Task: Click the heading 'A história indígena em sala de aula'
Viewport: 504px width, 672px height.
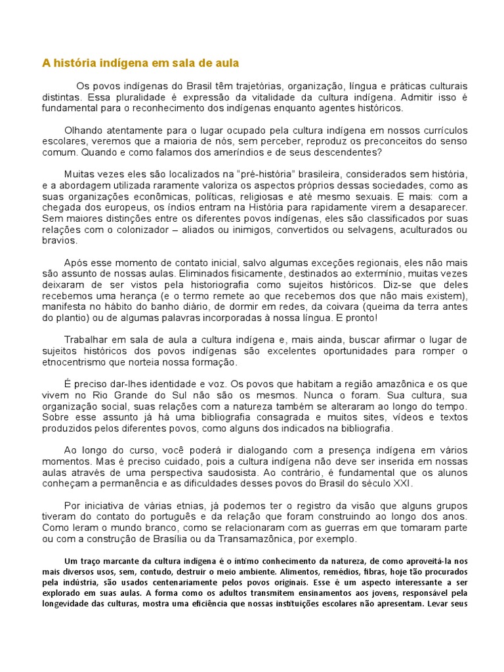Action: [x=140, y=63]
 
